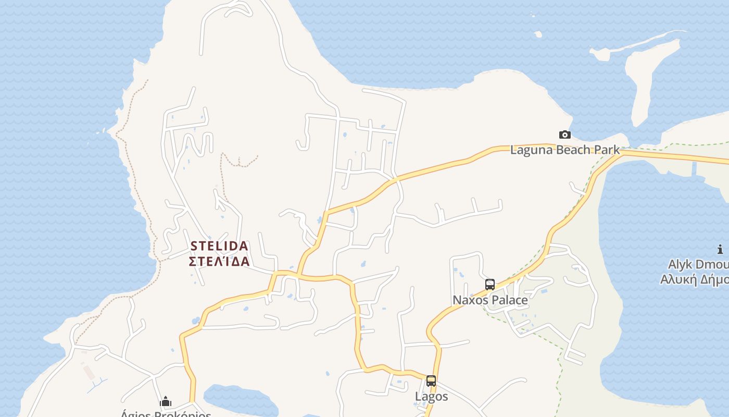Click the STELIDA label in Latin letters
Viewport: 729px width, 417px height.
[219, 246]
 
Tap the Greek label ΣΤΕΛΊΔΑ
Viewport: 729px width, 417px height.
[219, 261]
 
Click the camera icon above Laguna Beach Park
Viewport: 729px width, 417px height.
[564, 135]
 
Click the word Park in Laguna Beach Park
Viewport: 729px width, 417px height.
[607, 150]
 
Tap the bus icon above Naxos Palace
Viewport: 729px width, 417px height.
[489, 285]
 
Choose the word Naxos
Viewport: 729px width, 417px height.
[470, 300]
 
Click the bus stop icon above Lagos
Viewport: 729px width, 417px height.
[431, 381]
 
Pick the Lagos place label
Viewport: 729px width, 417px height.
[431, 397]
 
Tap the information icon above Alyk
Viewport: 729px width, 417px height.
[720, 250]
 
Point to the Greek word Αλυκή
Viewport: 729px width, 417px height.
[678, 279]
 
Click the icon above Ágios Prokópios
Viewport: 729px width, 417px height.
[166, 401]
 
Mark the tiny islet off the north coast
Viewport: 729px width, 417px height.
[538, 34]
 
